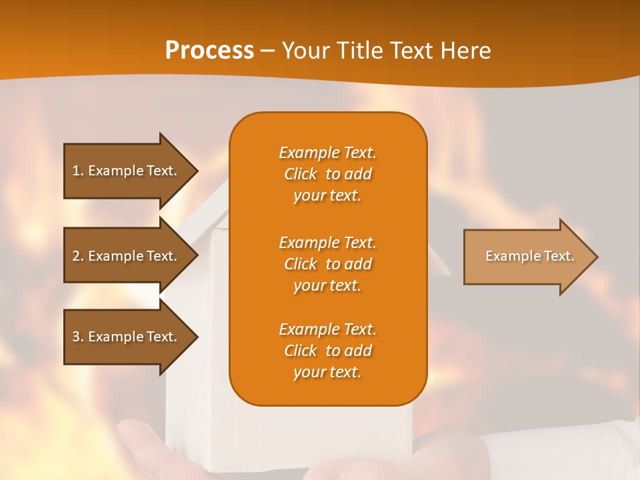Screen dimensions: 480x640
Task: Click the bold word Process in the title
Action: click(x=209, y=51)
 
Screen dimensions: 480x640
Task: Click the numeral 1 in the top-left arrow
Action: click(x=75, y=171)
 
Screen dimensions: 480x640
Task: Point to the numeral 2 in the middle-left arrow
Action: click(x=76, y=256)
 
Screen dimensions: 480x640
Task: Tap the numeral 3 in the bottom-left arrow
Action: click(x=76, y=337)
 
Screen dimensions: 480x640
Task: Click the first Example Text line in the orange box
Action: click(x=327, y=153)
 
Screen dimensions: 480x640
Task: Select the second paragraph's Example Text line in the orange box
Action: click(x=327, y=243)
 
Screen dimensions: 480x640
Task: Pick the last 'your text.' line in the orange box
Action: click(x=327, y=373)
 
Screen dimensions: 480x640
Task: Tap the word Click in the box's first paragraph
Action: click(x=301, y=174)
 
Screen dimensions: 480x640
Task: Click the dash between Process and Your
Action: click(x=268, y=51)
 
